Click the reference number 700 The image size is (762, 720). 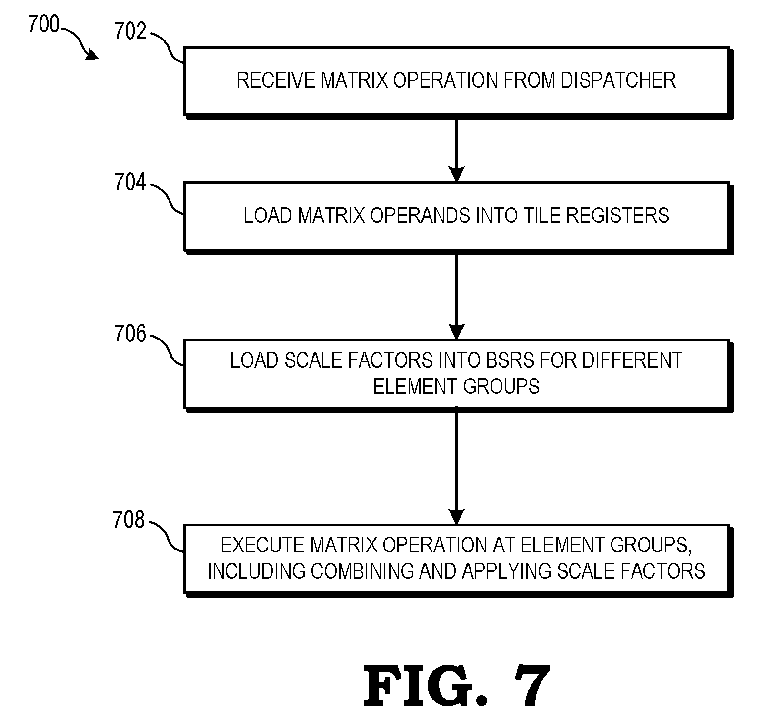pos(43,24)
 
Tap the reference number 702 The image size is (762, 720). pos(130,31)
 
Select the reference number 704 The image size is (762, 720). pos(130,182)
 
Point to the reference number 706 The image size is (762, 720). pos(130,334)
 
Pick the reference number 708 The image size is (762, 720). pos(129,520)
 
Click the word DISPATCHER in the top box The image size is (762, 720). pos(618,80)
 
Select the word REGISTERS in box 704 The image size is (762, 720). pos(617,215)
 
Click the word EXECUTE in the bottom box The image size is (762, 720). pos(263,545)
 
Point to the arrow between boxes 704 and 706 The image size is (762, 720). pos(456,296)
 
